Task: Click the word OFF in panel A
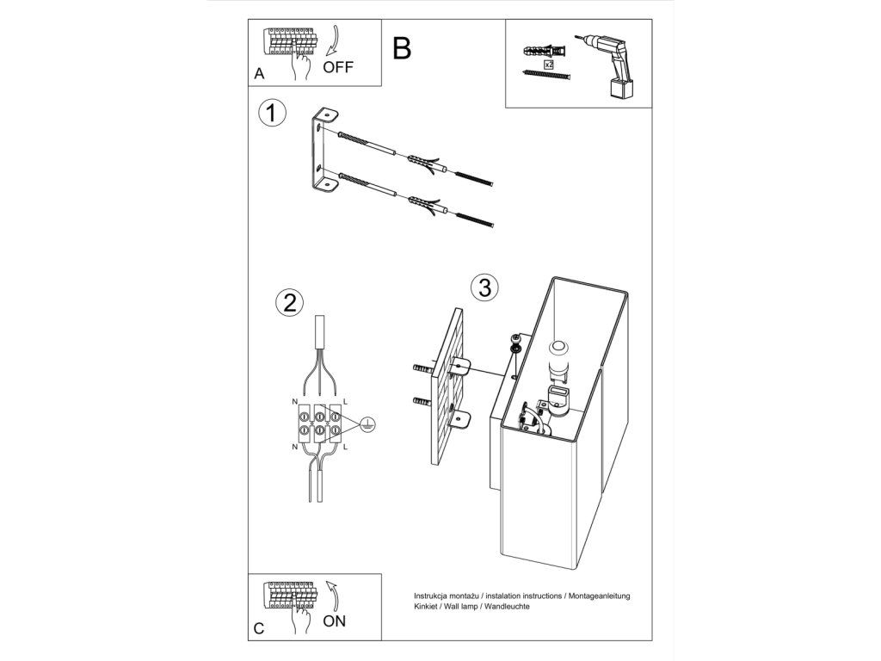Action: pos(338,67)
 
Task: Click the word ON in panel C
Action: pos(335,621)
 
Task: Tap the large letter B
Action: pos(402,48)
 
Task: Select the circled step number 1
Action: pos(272,113)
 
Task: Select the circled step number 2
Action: pos(289,303)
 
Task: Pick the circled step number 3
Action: pos(484,287)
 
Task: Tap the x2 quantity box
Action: pos(549,65)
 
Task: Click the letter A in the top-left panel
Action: pos(259,74)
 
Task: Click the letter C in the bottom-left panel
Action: pos(259,628)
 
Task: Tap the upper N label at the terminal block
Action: pos(294,402)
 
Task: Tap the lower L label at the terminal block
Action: pos(345,447)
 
